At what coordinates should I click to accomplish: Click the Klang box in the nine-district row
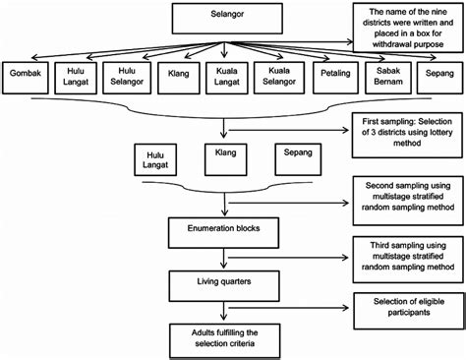click(177, 77)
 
